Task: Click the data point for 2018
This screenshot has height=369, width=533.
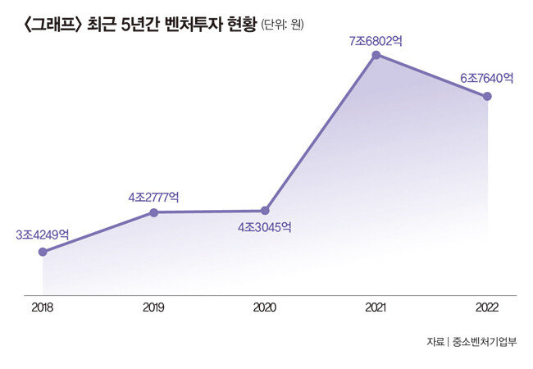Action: tap(43, 252)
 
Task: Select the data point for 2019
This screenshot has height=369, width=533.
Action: tap(153, 212)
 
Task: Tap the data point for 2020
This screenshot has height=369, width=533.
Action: tap(265, 211)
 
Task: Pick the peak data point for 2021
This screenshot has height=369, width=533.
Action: tap(376, 55)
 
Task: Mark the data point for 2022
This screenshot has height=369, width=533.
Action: tap(488, 97)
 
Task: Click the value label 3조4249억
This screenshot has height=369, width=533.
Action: tap(43, 235)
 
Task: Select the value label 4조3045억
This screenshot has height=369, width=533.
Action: tap(265, 227)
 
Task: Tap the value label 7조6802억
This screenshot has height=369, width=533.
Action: tap(376, 39)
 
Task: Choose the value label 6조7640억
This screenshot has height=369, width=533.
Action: tap(487, 79)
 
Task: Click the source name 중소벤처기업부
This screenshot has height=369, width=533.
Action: tap(485, 341)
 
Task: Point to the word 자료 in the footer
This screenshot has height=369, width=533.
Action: tap(435, 341)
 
